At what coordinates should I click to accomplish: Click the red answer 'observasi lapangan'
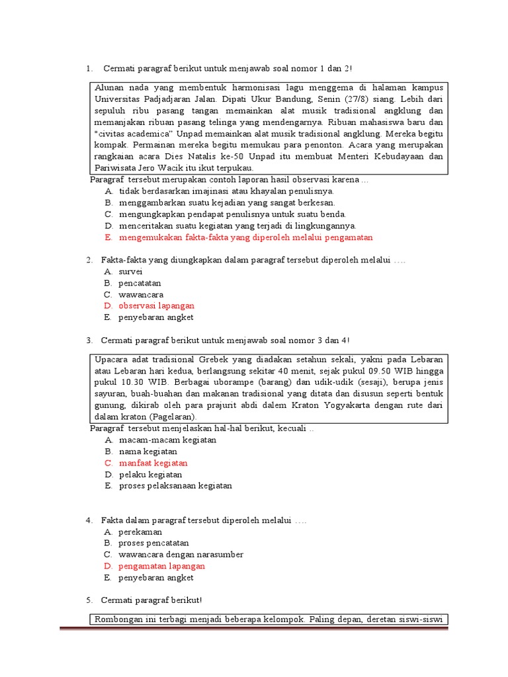(x=156, y=306)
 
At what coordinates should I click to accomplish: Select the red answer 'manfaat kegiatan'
(x=153, y=463)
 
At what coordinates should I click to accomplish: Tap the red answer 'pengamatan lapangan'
(x=161, y=566)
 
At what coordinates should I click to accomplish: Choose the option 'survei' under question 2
(x=130, y=271)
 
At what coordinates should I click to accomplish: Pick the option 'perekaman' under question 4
(x=140, y=532)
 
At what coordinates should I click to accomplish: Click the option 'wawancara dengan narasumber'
(x=181, y=555)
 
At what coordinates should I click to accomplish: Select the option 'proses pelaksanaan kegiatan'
(x=175, y=486)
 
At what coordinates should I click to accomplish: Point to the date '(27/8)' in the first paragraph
(x=355, y=99)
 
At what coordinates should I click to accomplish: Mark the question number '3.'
(x=89, y=340)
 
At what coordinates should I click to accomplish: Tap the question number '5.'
(x=89, y=600)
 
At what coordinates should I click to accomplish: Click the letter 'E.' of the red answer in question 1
(x=108, y=237)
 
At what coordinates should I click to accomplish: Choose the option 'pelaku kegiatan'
(x=150, y=475)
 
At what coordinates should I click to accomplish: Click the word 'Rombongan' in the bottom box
(x=118, y=619)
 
